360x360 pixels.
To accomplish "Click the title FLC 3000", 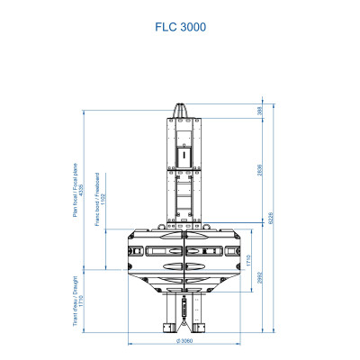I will [x=180, y=27].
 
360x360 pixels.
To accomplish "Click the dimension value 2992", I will [x=260, y=280].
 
